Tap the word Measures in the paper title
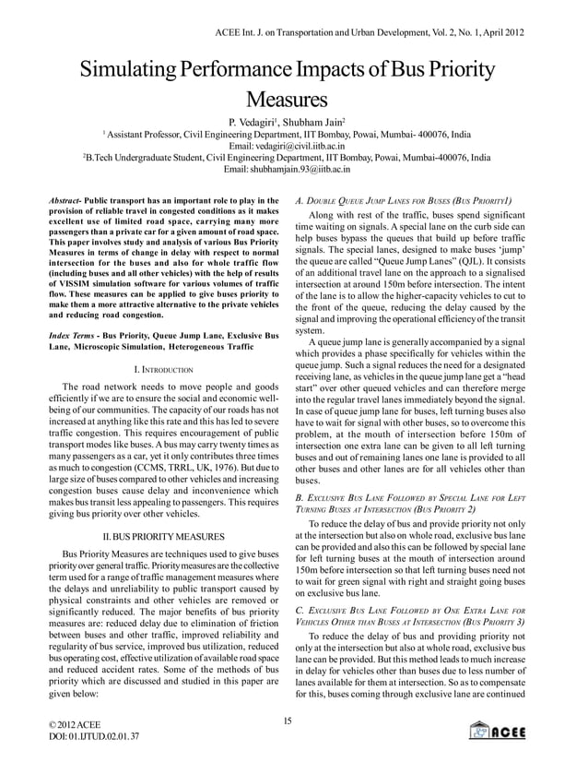tap(293, 99)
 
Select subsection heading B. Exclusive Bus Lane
tap(405, 498)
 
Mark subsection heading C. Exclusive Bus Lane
tap(405, 611)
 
